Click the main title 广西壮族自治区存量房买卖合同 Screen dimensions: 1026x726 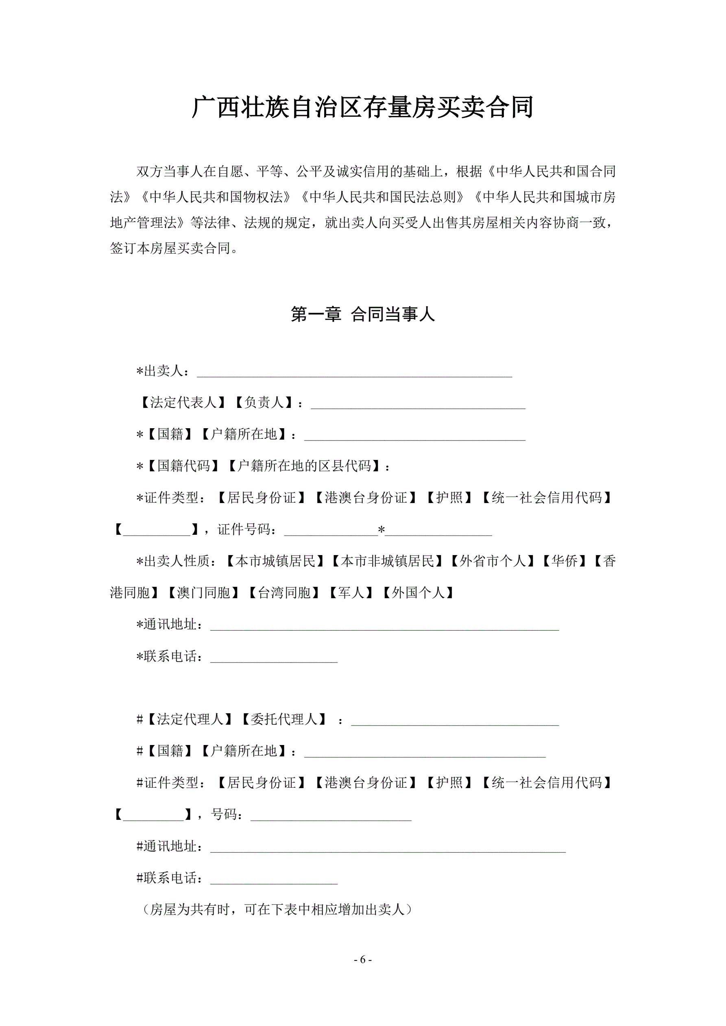[362, 108]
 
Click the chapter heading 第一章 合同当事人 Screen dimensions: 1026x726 [362, 315]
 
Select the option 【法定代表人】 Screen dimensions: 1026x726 [183, 403]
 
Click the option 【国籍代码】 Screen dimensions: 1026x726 [183, 466]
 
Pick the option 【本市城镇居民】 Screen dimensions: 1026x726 [275, 561]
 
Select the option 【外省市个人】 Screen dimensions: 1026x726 [492, 561]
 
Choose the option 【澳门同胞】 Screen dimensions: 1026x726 [203, 593]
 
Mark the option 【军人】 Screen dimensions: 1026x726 [351, 593]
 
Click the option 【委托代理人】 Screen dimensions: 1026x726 [283, 719]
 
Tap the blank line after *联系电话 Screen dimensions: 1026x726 [274, 656]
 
